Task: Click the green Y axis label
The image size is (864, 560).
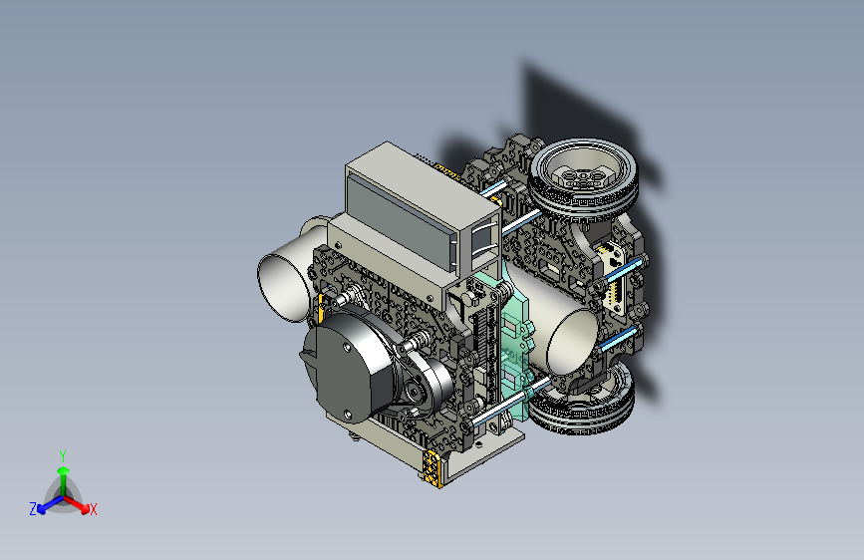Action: coord(63,455)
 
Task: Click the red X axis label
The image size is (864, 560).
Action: coord(93,509)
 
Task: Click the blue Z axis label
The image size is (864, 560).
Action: coord(33,509)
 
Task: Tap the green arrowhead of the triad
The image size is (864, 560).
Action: coord(64,470)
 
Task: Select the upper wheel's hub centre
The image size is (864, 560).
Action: coord(582,175)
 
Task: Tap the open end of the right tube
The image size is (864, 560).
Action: coord(573,343)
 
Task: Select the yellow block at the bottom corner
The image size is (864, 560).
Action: coord(432,468)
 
